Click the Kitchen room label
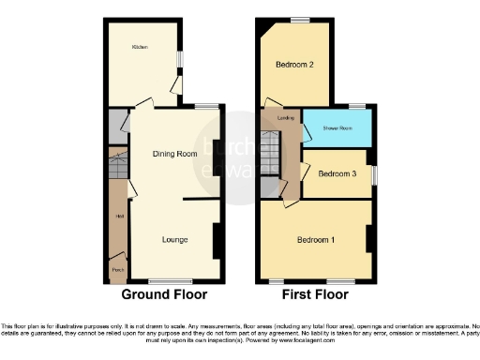pyautogui.click(x=140, y=46)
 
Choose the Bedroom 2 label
pyautogui.click(x=293, y=65)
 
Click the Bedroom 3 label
pyautogui.click(x=337, y=173)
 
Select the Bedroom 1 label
pyautogui.click(x=315, y=240)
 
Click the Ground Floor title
pyautogui.click(x=165, y=295)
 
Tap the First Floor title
pyautogui.click(x=316, y=295)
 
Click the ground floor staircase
pyautogui.click(x=118, y=166)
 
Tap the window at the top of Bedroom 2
pyautogui.click(x=300, y=20)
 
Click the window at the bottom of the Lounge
pyautogui.click(x=164, y=280)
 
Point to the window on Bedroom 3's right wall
pyautogui.click(x=373, y=175)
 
